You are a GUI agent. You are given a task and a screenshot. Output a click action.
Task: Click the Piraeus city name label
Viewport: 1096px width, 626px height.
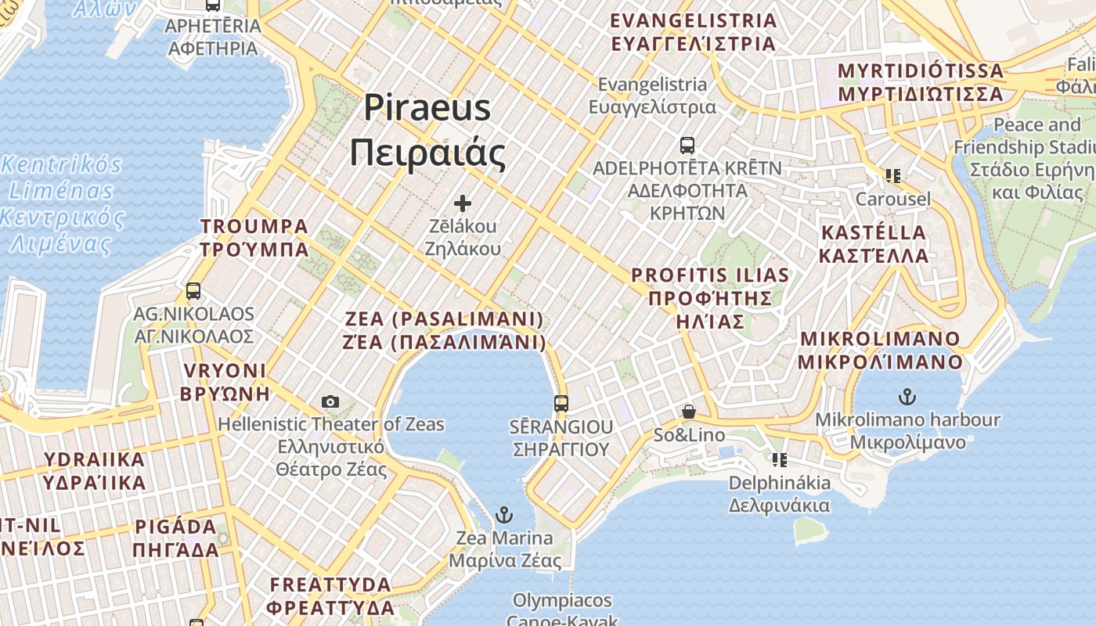click(427, 130)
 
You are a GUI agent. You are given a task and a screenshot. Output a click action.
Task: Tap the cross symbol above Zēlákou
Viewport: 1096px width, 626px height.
click(463, 203)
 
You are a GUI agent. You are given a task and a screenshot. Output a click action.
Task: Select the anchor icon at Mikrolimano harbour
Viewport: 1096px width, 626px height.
click(907, 397)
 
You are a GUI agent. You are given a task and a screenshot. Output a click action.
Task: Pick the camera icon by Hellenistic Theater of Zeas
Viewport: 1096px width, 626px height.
click(330, 401)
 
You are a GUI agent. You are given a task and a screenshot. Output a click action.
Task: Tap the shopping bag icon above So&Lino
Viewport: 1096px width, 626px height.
click(689, 412)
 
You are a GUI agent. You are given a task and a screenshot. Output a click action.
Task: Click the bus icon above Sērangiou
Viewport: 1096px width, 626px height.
click(561, 404)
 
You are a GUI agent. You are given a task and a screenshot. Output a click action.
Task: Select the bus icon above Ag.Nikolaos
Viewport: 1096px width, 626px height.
click(193, 291)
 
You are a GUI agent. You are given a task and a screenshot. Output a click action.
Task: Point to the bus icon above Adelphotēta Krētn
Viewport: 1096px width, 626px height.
click(687, 146)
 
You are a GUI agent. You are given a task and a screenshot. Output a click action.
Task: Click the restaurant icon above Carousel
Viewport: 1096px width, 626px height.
click(892, 176)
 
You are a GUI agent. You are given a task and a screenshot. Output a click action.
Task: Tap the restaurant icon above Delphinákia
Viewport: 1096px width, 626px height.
click(779, 459)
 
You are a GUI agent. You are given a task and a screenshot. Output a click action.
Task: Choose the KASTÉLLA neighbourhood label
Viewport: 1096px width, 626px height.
click(874, 244)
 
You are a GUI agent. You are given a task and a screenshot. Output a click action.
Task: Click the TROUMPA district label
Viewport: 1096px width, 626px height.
click(254, 238)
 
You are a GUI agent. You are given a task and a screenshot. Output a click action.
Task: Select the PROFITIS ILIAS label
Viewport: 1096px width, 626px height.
click(710, 298)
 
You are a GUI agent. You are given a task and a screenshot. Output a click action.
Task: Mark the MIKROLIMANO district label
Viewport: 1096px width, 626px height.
click(880, 350)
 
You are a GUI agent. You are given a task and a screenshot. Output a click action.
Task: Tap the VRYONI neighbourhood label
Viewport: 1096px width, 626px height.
click(225, 382)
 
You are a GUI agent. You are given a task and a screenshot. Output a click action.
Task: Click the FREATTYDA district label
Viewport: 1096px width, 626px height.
click(330, 595)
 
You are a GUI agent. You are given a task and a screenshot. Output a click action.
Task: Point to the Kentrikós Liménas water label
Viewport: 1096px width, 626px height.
click(63, 203)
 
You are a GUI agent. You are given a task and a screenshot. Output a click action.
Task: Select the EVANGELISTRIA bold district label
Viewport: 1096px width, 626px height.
click(694, 32)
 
